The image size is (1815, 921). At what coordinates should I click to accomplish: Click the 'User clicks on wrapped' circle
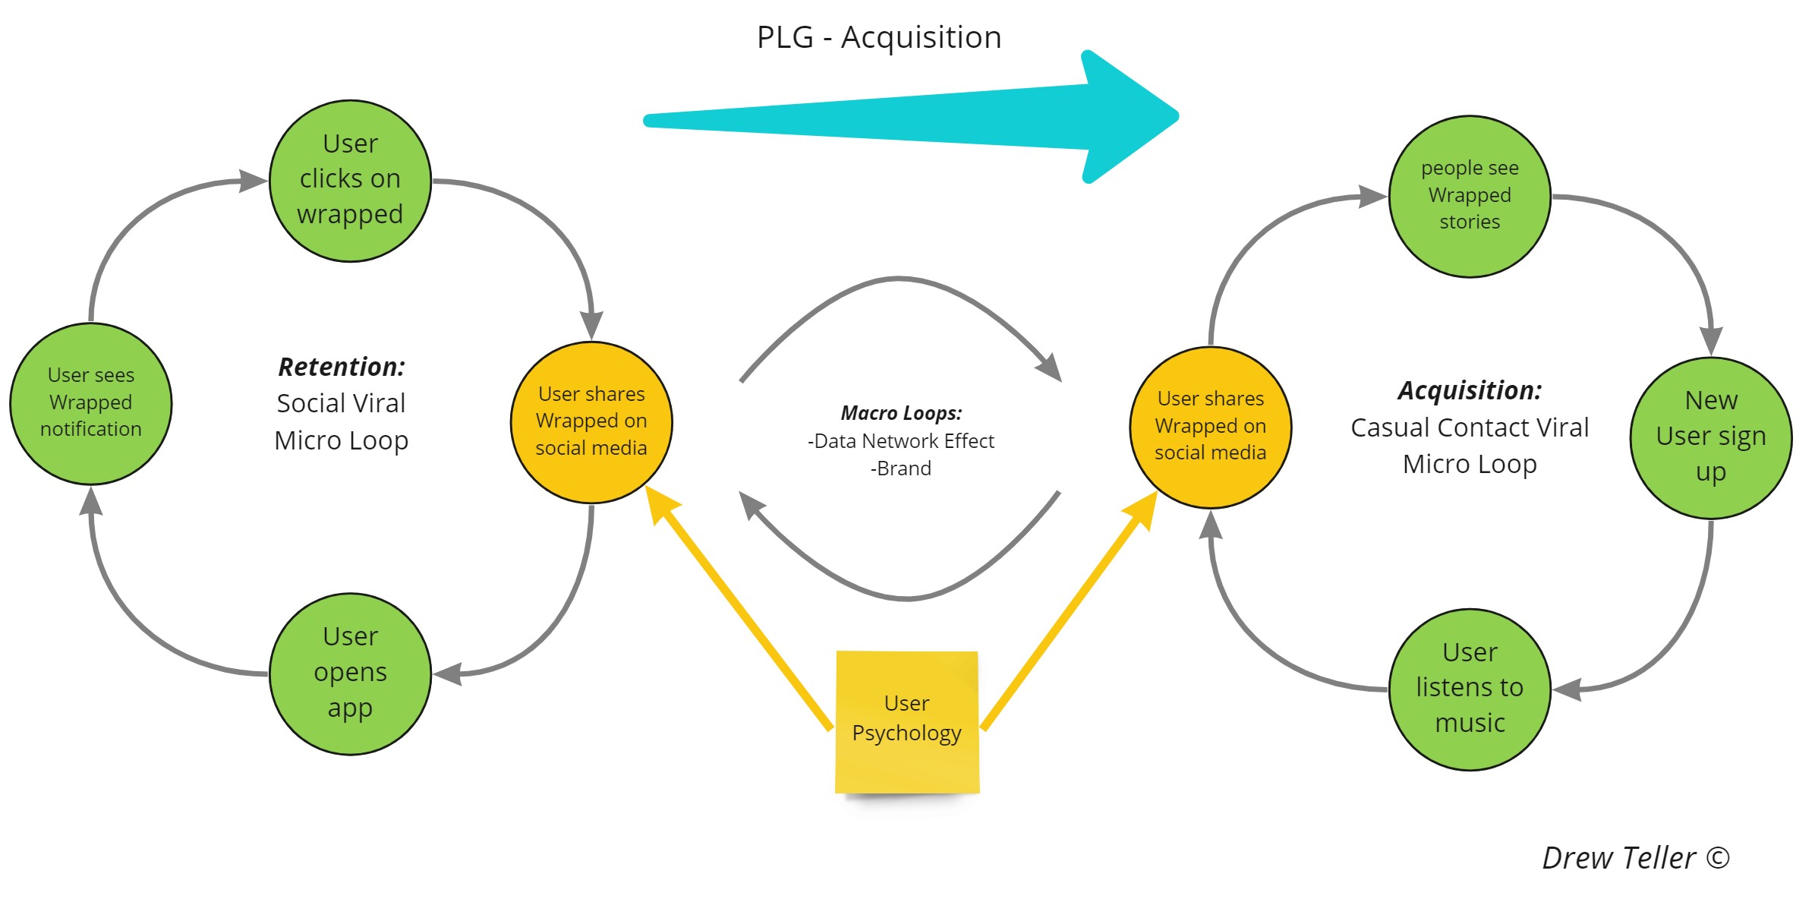pyautogui.click(x=350, y=181)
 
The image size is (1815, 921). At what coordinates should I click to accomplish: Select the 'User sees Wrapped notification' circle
pyautogui.click(x=91, y=403)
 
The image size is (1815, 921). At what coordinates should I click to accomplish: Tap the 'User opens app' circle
pyautogui.click(x=350, y=673)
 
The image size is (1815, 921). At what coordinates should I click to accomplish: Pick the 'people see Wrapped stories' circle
pyautogui.click(x=1470, y=196)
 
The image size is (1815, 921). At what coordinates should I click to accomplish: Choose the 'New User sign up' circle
pyautogui.click(x=1711, y=437)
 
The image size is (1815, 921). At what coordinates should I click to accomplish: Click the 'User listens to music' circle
pyautogui.click(x=1470, y=689)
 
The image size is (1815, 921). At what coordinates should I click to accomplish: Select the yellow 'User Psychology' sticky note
pyautogui.click(x=907, y=721)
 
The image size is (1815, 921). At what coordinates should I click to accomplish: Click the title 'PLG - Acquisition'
pyautogui.click(x=879, y=37)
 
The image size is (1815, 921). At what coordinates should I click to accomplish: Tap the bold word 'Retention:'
pyautogui.click(x=342, y=367)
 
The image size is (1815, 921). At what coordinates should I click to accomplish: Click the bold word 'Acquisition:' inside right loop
pyautogui.click(x=1470, y=390)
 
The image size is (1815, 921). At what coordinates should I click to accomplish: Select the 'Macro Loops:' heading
pyautogui.click(x=901, y=413)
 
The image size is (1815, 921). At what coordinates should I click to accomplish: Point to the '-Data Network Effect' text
pyautogui.click(x=901, y=441)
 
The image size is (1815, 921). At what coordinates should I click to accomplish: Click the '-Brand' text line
pyautogui.click(x=901, y=468)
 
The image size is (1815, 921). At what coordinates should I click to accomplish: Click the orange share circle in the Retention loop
pyautogui.click(x=591, y=422)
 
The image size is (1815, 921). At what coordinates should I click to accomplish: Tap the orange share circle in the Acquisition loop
pyautogui.click(x=1211, y=427)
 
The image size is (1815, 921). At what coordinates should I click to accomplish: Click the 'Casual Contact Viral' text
pyautogui.click(x=1470, y=427)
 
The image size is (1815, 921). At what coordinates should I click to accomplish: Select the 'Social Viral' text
pyautogui.click(x=342, y=403)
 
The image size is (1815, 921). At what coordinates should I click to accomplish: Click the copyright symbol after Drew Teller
pyautogui.click(x=1718, y=858)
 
